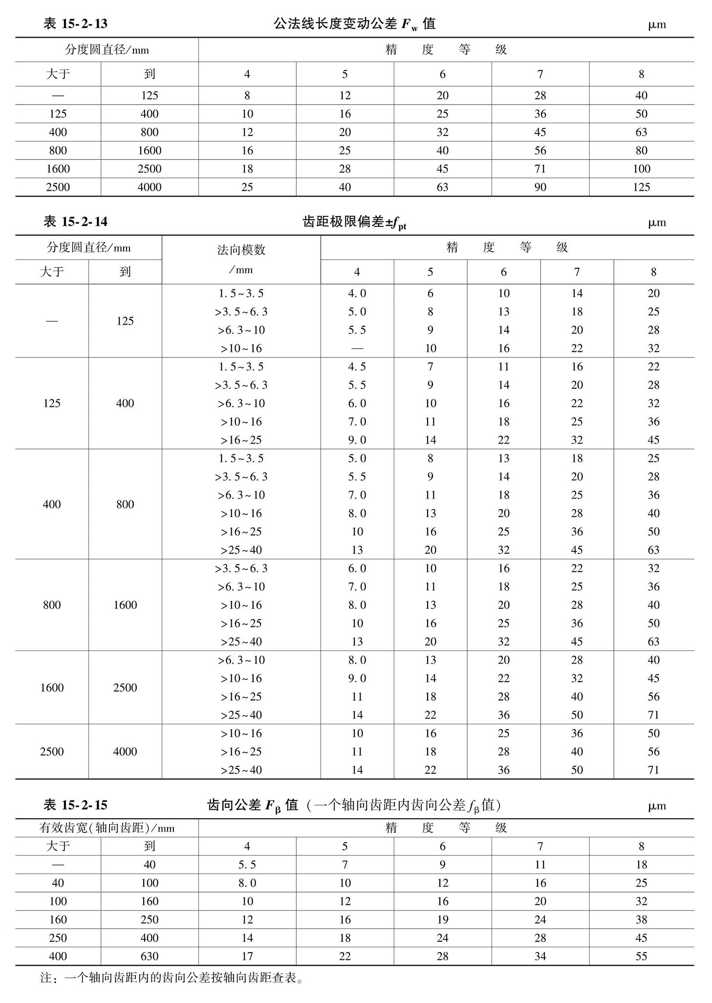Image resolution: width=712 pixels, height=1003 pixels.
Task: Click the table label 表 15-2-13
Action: pos(75,24)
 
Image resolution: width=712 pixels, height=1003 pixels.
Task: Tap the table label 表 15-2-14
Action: pos(75,222)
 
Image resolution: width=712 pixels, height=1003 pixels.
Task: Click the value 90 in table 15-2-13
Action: pos(540,187)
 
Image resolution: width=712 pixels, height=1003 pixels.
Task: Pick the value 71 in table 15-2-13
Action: pos(540,169)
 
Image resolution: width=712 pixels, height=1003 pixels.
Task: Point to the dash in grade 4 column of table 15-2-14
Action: pos(357,349)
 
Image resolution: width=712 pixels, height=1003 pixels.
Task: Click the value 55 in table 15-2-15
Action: pos(641,956)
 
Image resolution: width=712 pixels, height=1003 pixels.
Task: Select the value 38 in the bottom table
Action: pos(641,919)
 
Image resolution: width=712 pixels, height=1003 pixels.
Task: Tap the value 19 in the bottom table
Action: pos(442,919)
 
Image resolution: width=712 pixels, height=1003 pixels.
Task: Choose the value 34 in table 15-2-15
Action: pos(540,956)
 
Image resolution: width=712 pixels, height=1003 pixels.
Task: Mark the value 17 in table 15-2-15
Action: pos(247,956)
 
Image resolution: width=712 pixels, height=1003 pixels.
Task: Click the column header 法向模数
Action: pos(241,250)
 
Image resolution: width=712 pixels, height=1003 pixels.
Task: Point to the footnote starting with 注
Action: pos(171,978)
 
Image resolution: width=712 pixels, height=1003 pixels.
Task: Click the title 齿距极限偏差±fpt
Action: pos(354,223)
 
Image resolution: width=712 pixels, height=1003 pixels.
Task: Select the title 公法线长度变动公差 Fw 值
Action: pos(354,24)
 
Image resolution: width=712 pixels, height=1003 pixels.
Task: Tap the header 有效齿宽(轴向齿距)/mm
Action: pos(107,827)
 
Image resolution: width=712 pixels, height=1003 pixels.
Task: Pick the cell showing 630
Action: pos(150,956)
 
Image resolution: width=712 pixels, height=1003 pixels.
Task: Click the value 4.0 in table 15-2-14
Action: pos(357,293)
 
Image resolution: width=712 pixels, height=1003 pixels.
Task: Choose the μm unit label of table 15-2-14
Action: pos(657,223)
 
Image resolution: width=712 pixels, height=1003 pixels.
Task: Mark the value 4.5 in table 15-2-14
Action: pos(357,367)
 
